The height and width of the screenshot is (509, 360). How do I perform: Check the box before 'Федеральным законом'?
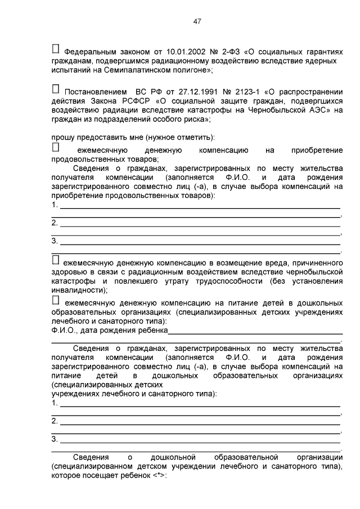[x=55, y=50]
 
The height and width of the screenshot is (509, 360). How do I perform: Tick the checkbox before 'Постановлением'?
[x=55, y=89]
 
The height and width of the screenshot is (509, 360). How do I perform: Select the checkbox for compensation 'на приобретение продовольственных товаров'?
[x=55, y=147]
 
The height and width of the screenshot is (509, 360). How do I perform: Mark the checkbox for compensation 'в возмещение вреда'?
[x=55, y=260]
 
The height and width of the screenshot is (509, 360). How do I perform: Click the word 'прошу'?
[x=62, y=137]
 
